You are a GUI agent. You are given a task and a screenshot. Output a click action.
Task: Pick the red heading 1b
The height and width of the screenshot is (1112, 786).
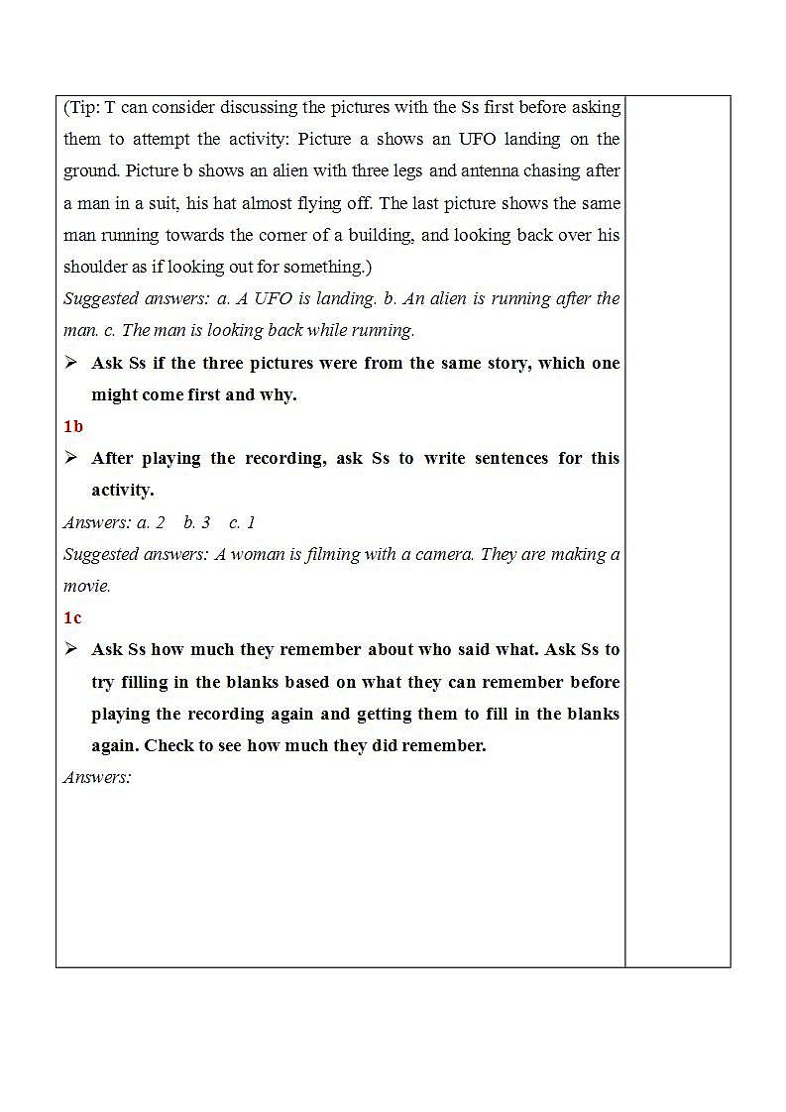73,426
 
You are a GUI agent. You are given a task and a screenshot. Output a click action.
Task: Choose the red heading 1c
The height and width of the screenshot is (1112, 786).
72,617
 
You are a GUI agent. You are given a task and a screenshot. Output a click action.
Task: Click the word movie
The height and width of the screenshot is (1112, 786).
86,586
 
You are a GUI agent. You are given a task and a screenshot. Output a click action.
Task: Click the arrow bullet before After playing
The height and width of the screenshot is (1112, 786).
71,458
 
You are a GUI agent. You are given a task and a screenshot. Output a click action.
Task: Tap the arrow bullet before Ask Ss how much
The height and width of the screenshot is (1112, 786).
71,649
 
